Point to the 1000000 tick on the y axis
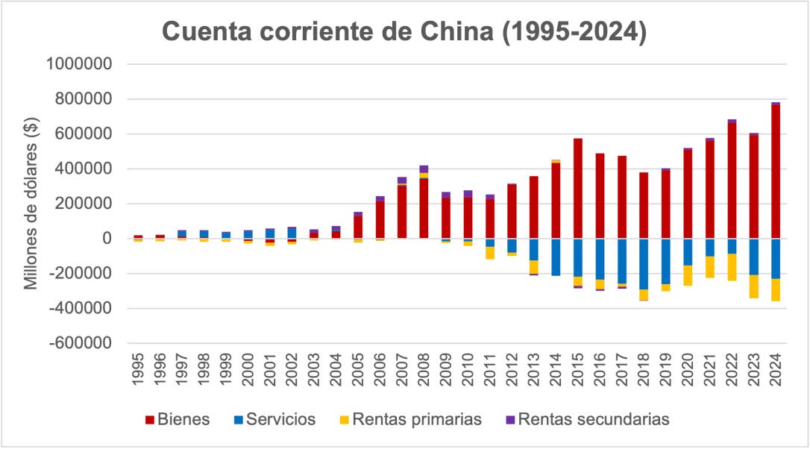[x=79, y=64]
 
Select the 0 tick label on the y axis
[x=105, y=239]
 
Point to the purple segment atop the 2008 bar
[x=424, y=169]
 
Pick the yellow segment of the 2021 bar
[x=709, y=267]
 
